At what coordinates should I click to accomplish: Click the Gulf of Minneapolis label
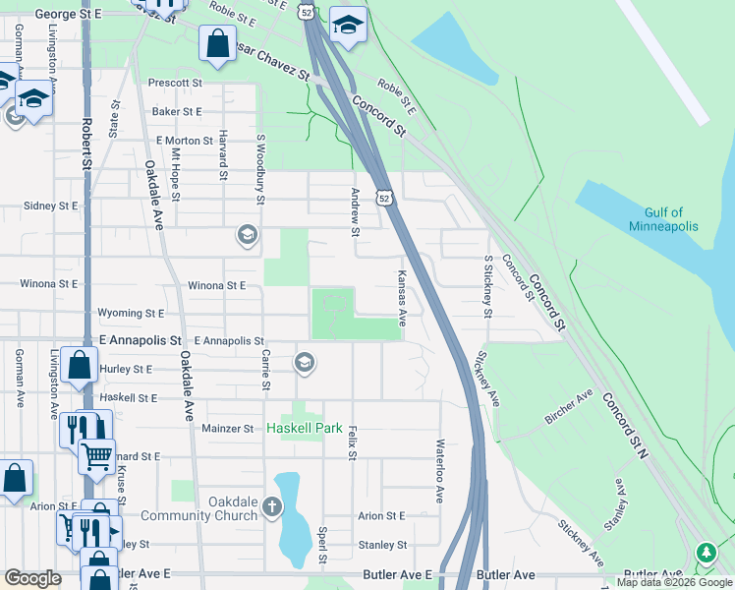(x=663, y=219)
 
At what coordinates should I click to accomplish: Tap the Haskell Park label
(x=305, y=429)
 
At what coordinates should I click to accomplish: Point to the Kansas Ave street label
(x=402, y=299)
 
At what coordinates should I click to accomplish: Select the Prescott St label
(x=175, y=84)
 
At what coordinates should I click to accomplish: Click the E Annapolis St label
(x=231, y=340)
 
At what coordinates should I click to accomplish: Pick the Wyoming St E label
(x=131, y=314)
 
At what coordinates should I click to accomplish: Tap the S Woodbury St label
(x=261, y=170)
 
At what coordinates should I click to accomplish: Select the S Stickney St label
(x=487, y=286)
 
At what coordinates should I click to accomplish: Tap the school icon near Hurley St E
(x=305, y=364)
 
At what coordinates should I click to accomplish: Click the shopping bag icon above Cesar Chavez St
(x=216, y=43)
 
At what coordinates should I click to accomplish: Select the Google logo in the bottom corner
(x=32, y=578)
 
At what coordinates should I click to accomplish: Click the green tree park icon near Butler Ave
(x=706, y=554)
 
